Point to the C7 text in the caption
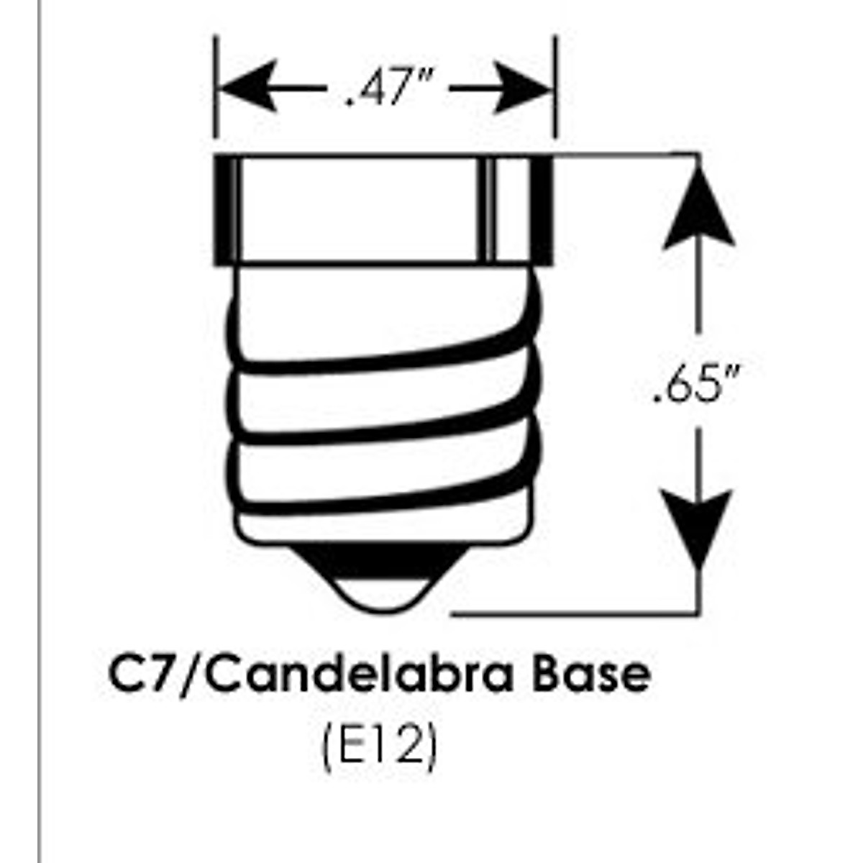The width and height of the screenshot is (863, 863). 141,675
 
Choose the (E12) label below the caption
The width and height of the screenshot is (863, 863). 379,750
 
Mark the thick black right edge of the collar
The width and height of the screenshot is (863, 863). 544,209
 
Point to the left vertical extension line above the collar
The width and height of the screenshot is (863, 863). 215,86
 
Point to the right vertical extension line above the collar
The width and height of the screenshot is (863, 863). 556,86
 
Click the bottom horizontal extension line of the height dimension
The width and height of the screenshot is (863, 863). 575,615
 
